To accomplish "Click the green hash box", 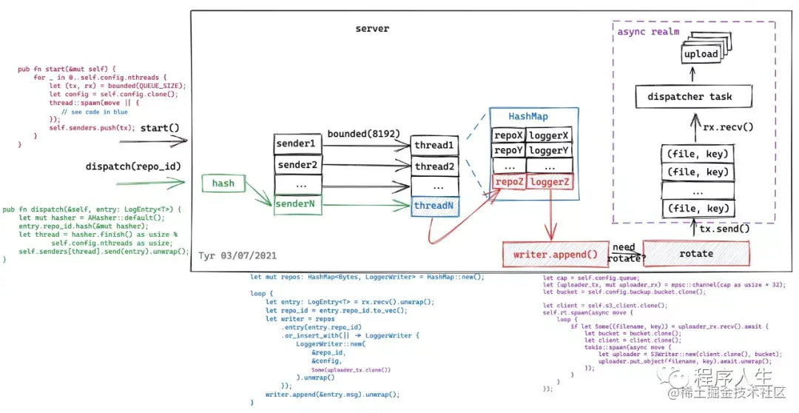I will [x=223, y=183].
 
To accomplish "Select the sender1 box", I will [x=295, y=143].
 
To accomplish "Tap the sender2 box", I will [x=295, y=164].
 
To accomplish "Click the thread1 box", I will [x=434, y=145].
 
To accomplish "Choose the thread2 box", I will [x=434, y=167].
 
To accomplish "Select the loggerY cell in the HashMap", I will [x=550, y=151].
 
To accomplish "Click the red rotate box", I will [x=696, y=254].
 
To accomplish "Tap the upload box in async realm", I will [x=700, y=54].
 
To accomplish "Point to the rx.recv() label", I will [x=728, y=127].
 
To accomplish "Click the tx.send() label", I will [x=724, y=229].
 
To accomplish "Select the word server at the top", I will [x=372, y=29].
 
